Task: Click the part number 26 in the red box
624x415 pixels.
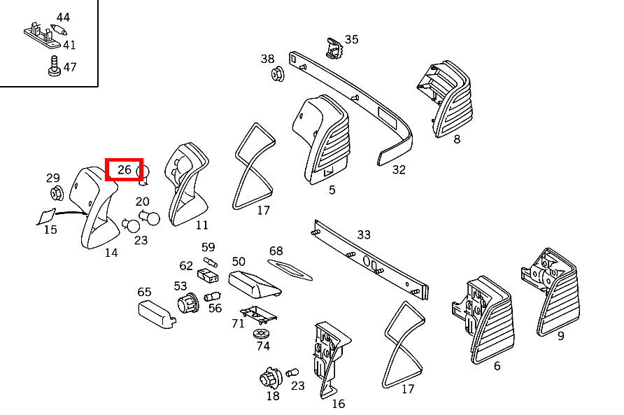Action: tap(124, 169)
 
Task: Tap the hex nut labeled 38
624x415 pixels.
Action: tap(278, 74)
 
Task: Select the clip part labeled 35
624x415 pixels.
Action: tap(334, 48)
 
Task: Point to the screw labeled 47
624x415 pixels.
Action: tap(54, 66)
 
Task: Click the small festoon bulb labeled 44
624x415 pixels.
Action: tap(59, 30)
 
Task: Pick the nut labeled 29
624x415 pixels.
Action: tap(57, 193)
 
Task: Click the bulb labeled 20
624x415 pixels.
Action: tap(149, 218)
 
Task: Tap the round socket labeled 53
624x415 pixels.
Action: tap(188, 304)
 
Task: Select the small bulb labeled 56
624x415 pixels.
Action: tap(212, 297)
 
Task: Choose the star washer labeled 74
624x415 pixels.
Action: tap(261, 334)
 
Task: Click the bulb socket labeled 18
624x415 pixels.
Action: tap(271, 379)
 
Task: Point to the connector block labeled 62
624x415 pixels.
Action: tap(208, 275)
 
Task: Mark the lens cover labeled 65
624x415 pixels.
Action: tap(157, 315)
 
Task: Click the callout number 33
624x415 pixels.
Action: tap(364, 234)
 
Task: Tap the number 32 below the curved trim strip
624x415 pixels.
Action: tap(399, 169)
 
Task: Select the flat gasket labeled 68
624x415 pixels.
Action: tap(290, 269)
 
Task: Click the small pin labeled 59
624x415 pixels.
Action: tap(210, 262)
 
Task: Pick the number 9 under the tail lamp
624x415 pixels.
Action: tap(561, 336)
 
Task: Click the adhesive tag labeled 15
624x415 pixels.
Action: tap(46, 217)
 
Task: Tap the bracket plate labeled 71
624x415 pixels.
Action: tap(258, 315)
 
